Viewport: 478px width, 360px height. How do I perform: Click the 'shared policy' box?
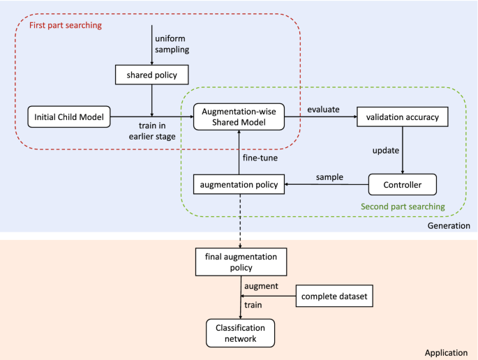click(x=151, y=75)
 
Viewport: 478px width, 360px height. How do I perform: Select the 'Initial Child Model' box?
click(x=69, y=117)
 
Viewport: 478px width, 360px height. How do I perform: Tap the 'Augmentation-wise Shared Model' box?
click(x=239, y=117)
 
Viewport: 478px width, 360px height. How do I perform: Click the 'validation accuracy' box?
click(x=403, y=117)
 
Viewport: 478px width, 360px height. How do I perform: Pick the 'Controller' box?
click(x=403, y=185)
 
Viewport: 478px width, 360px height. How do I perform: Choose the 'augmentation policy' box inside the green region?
click(x=239, y=185)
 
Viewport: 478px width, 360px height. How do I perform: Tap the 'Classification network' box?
click(x=239, y=332)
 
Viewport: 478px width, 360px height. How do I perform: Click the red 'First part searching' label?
click(x=66, y=26)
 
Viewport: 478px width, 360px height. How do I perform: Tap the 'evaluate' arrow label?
click(x=324, y=109)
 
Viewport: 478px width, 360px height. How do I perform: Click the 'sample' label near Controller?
click(x=329, y=177)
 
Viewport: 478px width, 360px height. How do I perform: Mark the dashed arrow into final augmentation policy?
click(x=239, y=222)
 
